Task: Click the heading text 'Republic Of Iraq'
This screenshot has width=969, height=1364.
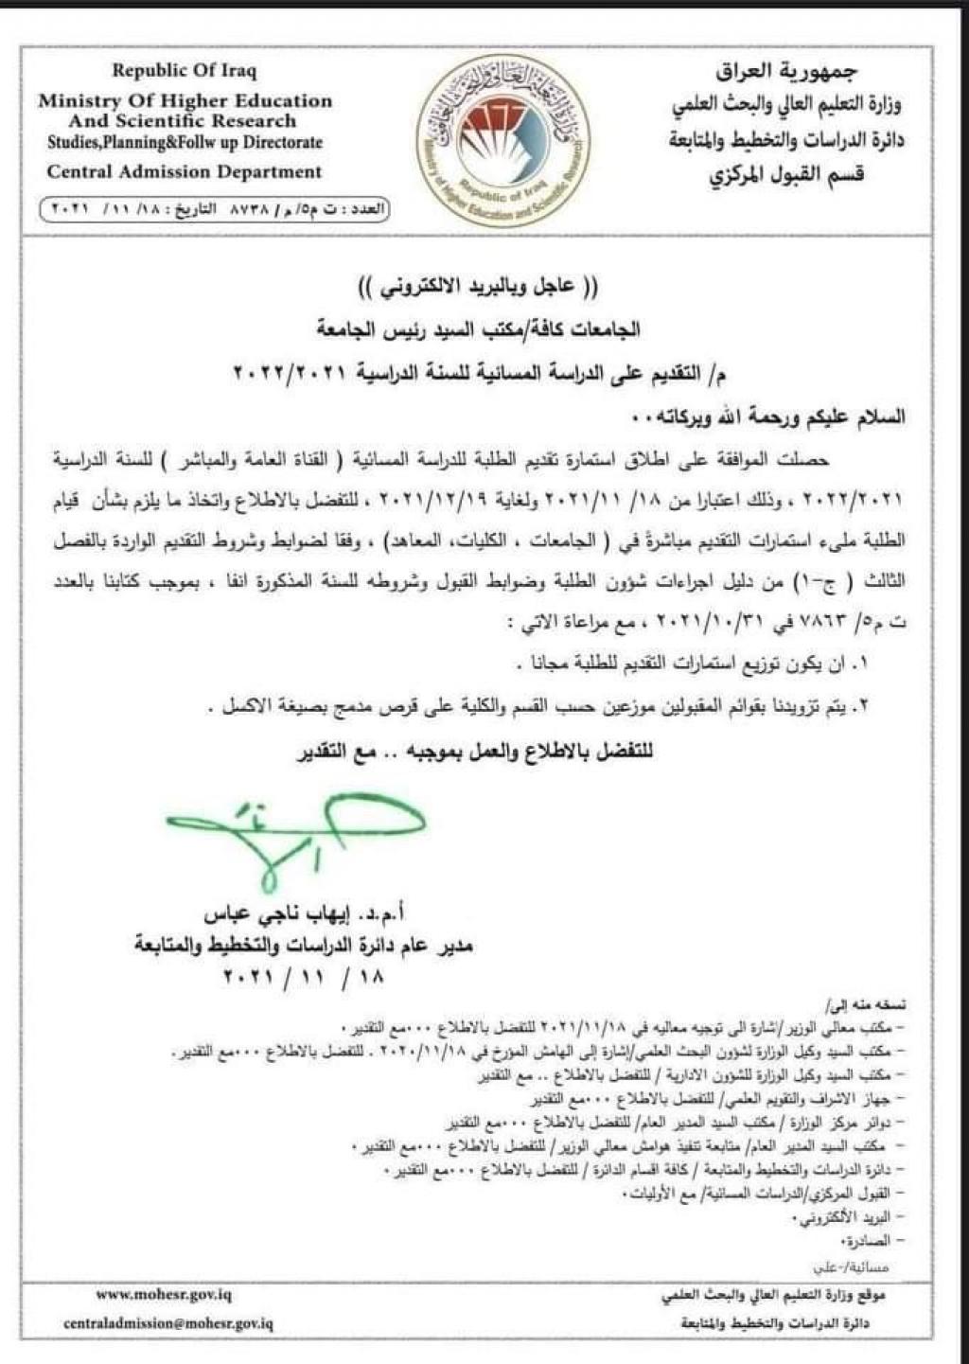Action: (185, 70)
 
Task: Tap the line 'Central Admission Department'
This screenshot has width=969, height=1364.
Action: (185, 172)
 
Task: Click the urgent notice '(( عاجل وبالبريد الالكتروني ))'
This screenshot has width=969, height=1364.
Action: (484, 286)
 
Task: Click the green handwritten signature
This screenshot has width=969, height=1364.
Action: (293, 833)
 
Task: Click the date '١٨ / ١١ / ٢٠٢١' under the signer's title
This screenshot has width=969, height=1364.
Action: (301, 975)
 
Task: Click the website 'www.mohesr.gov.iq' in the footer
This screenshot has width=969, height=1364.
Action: (164, 1294)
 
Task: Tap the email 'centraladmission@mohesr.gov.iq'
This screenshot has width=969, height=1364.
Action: (168, 1324)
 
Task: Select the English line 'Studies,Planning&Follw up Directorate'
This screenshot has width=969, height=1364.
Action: (185, 143)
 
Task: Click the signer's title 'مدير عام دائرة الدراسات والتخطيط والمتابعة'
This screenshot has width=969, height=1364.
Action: (303, 946)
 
